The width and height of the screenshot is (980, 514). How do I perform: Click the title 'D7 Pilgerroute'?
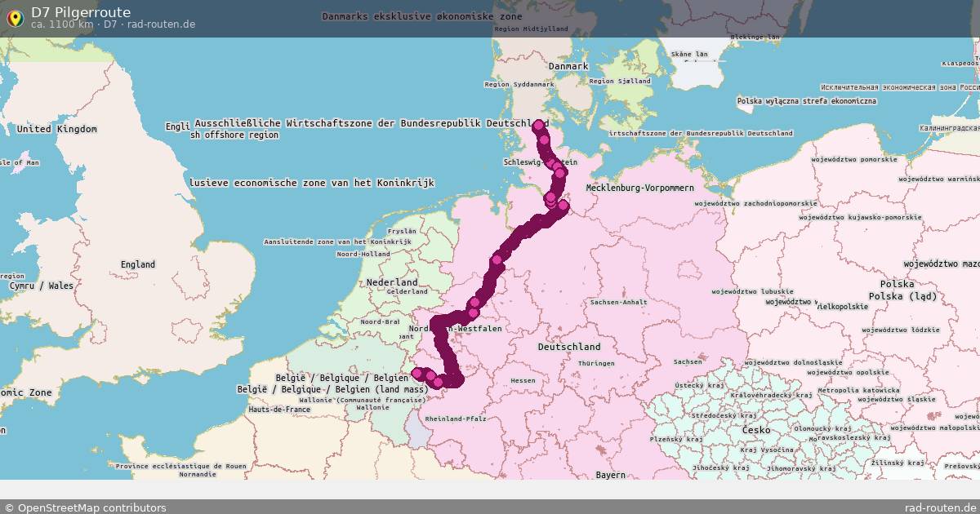coord(81,11)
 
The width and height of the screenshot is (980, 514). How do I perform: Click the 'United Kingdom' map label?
coord(56,129)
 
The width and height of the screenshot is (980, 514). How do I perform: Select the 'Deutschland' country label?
coord(569,347)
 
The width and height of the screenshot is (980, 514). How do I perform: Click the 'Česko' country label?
coord(756,429)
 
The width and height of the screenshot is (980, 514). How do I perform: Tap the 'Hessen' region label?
coord(523,381)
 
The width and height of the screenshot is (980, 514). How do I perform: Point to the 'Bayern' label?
coord(610,474)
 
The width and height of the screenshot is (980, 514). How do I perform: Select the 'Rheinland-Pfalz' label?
coord(455,419)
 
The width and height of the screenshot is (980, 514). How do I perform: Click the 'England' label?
coord(137,264)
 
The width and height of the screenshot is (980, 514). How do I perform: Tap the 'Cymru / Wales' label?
coord(41,286)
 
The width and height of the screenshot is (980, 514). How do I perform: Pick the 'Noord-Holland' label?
coord(364,255)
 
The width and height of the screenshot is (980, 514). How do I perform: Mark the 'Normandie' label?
coord(198,474)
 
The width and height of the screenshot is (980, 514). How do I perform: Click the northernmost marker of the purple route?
coord(538,126)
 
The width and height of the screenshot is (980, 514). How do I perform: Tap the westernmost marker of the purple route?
coord(417,374)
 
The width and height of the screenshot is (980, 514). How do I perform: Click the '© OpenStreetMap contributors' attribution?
coord(85,507)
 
